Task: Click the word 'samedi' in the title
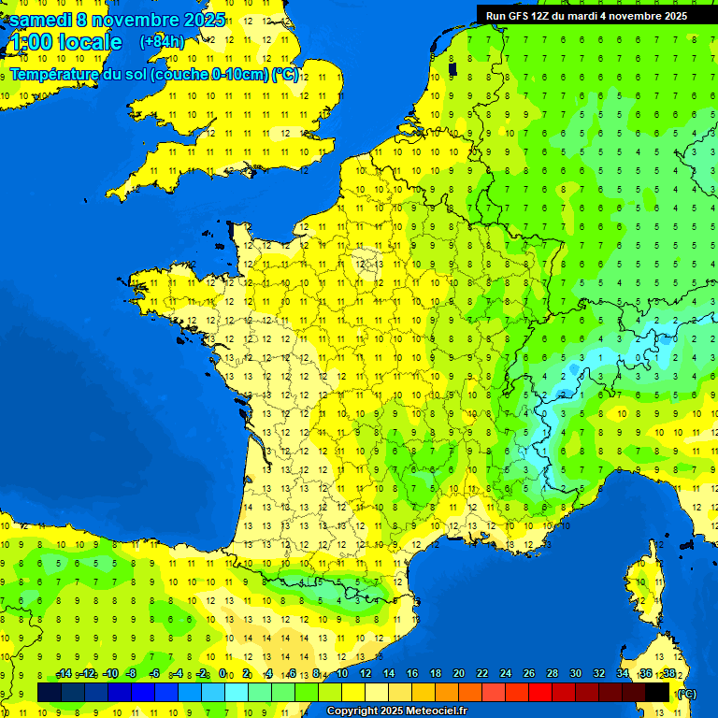(x=41, y=20)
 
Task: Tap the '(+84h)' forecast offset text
(x=162, y=41)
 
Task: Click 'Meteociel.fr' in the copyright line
(x=436, y=711)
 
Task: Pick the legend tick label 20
(x=458, y=674)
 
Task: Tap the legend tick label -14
(x=65, y=674)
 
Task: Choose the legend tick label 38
(x=668, y=674)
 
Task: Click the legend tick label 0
(x=223, y=674)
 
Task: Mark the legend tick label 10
(x=341, y=674)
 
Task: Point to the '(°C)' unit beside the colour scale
(x=687, y=694)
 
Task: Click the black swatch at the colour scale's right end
(x=657, y=692)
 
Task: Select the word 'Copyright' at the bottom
(x=352, y=711)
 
